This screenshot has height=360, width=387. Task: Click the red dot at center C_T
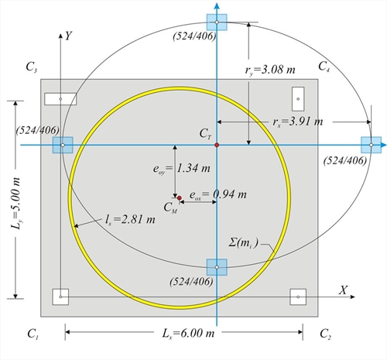tap(217, 145)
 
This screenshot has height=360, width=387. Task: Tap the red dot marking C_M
tap(179, 198)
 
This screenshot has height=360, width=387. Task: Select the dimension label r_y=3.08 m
tap(270, 70)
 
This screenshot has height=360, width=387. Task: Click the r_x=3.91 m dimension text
tap(298, 122)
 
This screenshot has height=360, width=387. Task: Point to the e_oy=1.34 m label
tap(182, 169)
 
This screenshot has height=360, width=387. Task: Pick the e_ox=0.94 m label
tap(218, 195)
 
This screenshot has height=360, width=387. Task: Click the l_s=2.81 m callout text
tap(130, 220)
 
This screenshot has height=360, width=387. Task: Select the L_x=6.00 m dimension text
tap(188, 334)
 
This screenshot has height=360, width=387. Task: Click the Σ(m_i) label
tap(243, 243)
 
